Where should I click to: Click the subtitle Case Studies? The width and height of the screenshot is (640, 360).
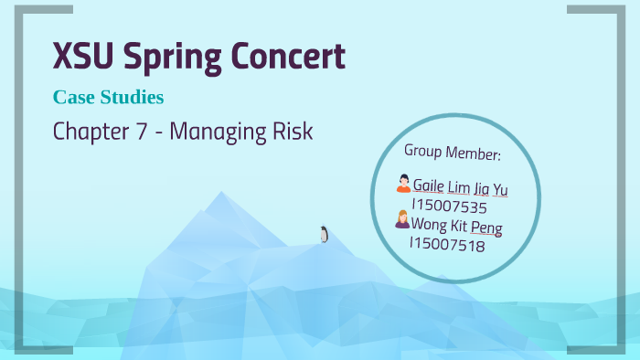tap(109, 96)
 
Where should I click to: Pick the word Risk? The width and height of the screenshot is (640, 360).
tap(292, 132)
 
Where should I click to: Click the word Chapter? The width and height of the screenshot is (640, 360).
tap(91, 132)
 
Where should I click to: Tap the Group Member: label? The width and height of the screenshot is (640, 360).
tap(452, 150)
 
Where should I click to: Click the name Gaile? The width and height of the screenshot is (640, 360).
tap(430, 187)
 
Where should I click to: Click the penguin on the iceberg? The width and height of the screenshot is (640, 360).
tap(324, 234)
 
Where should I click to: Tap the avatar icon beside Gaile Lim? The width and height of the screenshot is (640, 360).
tap(402, 185)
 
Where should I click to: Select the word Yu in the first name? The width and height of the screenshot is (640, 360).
tap(499, 189)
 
